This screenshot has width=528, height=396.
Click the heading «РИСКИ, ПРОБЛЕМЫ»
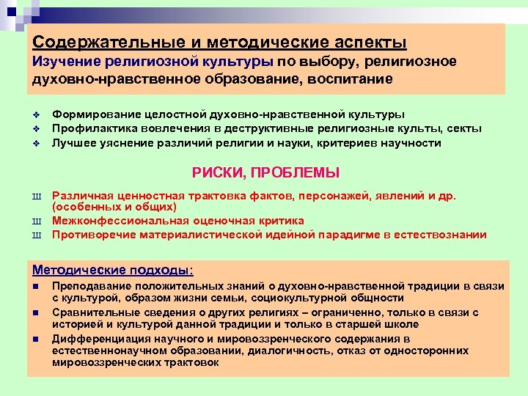(x=265, y=173)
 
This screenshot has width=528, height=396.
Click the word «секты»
(x=463, y=129)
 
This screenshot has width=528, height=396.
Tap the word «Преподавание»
(x=92, y=285)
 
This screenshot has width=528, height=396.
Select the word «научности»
(x=415, y=143)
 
